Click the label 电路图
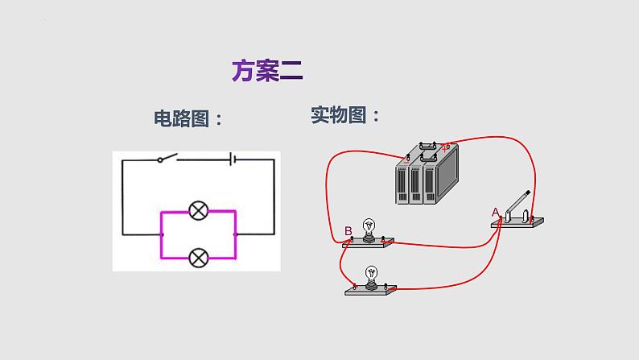186,118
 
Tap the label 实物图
344,115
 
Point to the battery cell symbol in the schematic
232,159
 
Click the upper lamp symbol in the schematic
198,212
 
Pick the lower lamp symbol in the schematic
198,258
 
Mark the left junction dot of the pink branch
162,234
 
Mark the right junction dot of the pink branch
235,234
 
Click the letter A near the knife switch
496,212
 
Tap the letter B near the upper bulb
348,232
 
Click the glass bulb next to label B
369,226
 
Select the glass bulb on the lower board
371,272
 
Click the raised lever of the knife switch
518,201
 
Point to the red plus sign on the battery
447,147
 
